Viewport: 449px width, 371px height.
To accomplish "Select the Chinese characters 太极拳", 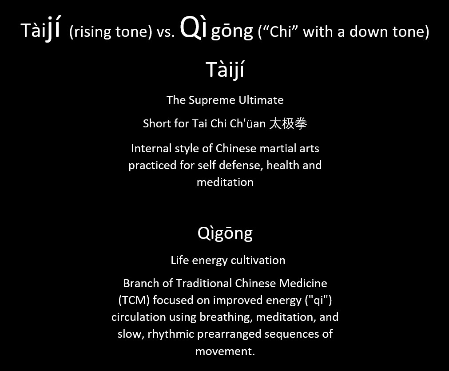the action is pos(288,123).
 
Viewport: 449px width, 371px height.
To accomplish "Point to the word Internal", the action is pos(147,149).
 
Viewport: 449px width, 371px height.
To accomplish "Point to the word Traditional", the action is pos(204,284).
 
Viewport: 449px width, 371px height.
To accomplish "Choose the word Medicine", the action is pos(303,284).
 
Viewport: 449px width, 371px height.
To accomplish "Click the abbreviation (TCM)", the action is pos(134,300).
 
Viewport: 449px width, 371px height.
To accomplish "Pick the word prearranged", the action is pos(229,334).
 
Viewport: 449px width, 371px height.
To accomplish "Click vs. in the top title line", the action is pos(166,32).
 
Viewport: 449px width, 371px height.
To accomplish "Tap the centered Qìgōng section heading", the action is pos(225,233).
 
